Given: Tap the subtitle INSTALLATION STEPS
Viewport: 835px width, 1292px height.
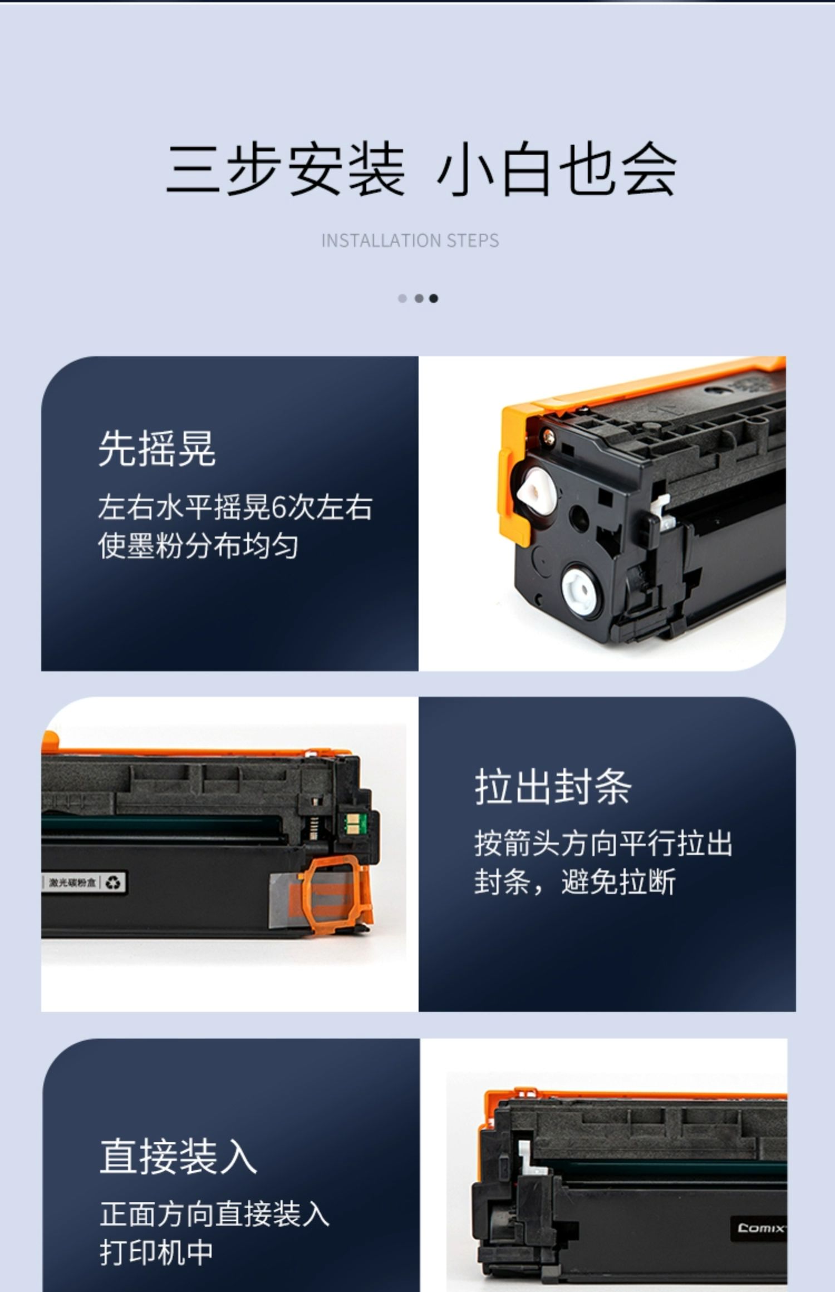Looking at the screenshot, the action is (x=410, y=240).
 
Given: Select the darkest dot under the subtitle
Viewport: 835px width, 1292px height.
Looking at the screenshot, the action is (x=434, y=298).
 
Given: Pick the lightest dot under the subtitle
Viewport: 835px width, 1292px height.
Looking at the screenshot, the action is (x=402, y=298).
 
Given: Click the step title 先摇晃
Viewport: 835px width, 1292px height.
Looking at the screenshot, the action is (x=157, y=448).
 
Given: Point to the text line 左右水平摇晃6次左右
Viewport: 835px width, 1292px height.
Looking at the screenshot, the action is (x=235, y=507).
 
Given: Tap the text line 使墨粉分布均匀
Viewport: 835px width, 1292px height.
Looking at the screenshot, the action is (x=198, y=546).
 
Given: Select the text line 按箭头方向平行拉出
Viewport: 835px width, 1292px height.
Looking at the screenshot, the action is (x=603, y=844).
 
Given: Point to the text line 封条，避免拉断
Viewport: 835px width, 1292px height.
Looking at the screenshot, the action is (x=575, y=882).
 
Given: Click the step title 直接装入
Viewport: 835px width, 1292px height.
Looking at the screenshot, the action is (x=178, y=1156).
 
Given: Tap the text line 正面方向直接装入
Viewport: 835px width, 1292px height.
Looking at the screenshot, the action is (x=215, y=1214).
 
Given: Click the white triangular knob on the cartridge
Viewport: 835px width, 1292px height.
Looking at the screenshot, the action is (x=536, y=492).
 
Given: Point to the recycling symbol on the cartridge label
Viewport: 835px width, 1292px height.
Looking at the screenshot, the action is (x=113, y=882).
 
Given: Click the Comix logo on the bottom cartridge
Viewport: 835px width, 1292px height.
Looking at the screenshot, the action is (x=760, y=1227).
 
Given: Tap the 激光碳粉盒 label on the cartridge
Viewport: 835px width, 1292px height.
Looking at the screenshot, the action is (x=72, y=882).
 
